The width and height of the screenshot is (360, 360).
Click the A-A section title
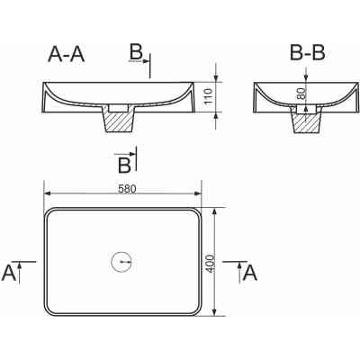pyautogui.click(x=66, y=55)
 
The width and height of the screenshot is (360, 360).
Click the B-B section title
pyautogui.click(x=307, y=54)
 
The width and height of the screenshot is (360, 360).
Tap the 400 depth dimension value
pyautogui.click(x=209, y=263)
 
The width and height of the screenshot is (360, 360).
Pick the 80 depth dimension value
pyautogui.click(x=301, y=94)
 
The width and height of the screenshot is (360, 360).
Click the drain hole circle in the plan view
pyautogui.click(x=121, y=263)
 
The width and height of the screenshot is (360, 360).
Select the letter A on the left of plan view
pyautogui.click(x=9, y=273)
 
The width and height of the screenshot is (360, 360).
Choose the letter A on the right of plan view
pyautogui.click(x=251, y=272)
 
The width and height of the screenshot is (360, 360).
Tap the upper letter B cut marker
pyautogui.click(x=135, y=53)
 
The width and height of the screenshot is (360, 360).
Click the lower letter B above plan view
pyautogui.click(x=124, y=164)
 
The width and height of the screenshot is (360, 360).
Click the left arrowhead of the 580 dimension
pyautogui.click(x=48, y=193)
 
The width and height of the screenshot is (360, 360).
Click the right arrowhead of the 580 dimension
pyautogui.click(x=197, y=193)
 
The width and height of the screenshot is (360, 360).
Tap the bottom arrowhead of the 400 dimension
pyautogui.click(x=215, y=314)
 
